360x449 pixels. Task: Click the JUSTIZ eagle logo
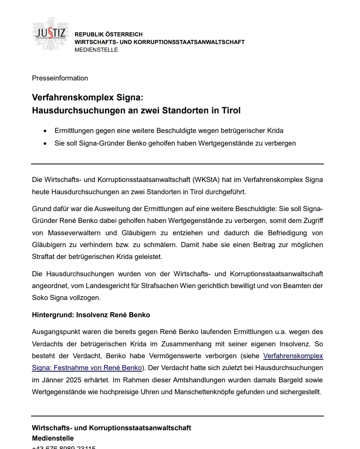tap(50, 34)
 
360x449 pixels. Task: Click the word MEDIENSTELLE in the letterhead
tap(96, 50)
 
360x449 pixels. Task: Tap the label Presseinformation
tap(60, 78)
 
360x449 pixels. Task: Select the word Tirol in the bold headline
tap(231, 111)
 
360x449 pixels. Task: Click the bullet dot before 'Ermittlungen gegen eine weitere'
tap(46, 131)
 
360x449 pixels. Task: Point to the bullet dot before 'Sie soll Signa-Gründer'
tap(46, 144)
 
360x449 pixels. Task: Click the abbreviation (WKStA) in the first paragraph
tap(206, 180)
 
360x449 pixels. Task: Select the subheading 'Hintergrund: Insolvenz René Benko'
tap(91, 315)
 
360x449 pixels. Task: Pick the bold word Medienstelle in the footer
tap(53, 438)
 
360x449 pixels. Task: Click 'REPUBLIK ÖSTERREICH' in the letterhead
tap(108, 34)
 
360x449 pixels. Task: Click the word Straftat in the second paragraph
tap(44, 257)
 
